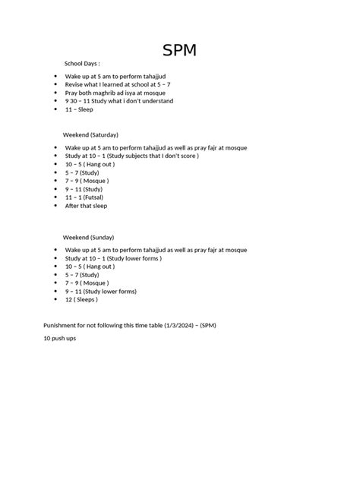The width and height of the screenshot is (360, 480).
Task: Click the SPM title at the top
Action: coord(179,51)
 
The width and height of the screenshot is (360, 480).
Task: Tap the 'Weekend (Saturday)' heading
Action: coord(90,134)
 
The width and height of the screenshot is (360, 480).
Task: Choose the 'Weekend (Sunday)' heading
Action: coord(88,238)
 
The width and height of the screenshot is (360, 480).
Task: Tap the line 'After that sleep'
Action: coord(87,205)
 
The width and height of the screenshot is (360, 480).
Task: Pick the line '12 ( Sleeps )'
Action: coord(81,299)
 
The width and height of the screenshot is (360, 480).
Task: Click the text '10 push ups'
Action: coord(59,338)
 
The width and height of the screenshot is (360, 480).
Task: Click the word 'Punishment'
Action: coord(61,325)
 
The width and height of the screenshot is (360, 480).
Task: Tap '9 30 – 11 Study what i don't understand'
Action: coord(119,101)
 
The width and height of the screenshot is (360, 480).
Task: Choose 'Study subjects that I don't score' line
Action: coord(132,156)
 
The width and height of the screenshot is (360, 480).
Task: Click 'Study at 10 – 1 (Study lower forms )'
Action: coord(122,258)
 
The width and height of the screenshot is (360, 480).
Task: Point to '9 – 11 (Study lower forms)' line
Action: coord(101,291)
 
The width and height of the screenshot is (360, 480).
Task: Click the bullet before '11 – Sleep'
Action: coord(55,109)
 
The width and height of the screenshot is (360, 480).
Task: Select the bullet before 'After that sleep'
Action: coord(55,205)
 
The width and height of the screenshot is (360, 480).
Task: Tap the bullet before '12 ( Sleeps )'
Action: coord(55,299)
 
